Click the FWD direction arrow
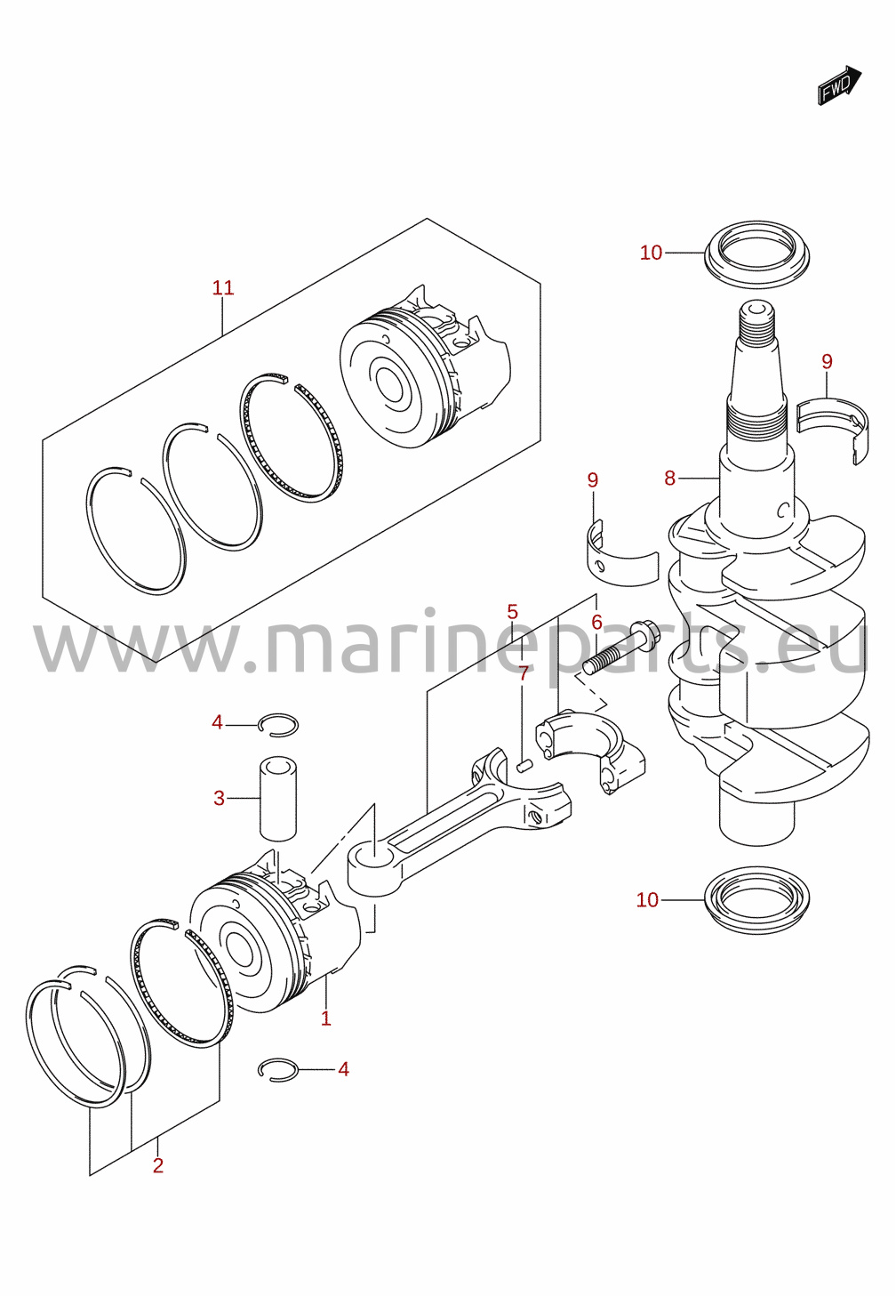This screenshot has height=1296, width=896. [x=839, y=85]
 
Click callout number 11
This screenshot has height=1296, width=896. [x=223, y=287]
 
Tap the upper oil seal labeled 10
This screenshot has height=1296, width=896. [x=756, y=254]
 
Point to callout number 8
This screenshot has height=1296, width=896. [x=669, y=479]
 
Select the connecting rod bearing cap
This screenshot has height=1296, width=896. [x=590, y=752]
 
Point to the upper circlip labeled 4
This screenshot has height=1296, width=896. [x=278, y=724]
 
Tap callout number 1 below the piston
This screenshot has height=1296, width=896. [x=326, y=1018]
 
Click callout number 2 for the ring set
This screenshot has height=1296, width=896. [x=158, y=1166]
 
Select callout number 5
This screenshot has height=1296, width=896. [x=512, y=611]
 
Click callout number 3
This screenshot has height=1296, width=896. [x=219, y=799]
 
